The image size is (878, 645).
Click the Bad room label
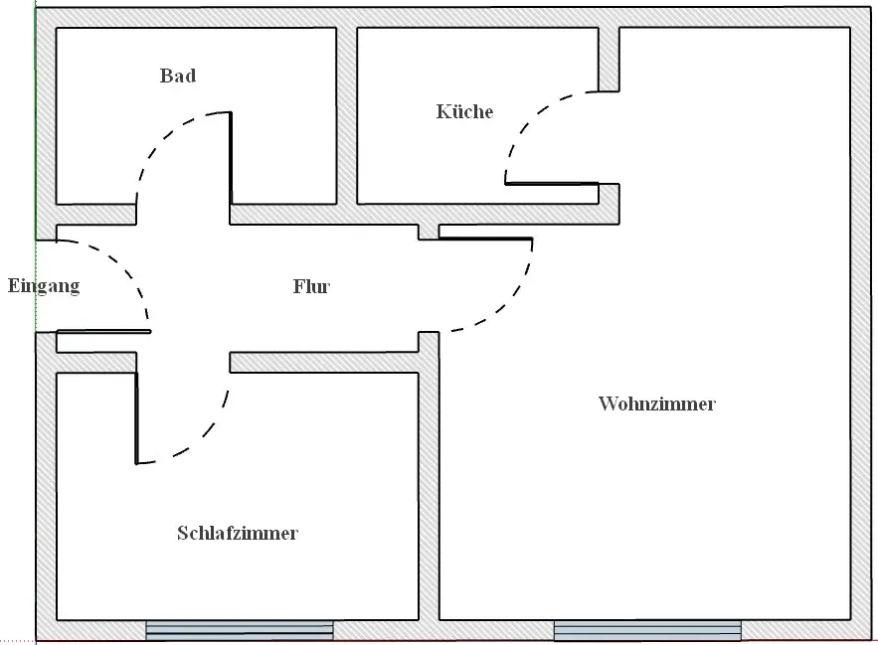[x=178, y=76]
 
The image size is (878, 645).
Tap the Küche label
[x=464, y=111]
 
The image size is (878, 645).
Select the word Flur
[x=311, y=287]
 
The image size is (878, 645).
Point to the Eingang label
[x=43, y=287]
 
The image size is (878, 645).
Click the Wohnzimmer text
[x=657, y=404]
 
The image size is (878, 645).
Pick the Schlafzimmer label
[x=238, y=534]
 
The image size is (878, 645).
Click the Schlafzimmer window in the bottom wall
[x=240, y=629]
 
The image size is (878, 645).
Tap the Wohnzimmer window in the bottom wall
[x=647, y=630]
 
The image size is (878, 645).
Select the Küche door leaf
[x=552, y=183]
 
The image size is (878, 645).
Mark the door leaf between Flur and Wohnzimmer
[x=485, y=239]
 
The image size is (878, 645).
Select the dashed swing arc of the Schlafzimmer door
[x=204, y=437]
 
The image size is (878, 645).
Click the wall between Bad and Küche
[x=346, y=114]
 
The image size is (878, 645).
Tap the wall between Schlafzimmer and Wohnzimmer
[x=429, y=487]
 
